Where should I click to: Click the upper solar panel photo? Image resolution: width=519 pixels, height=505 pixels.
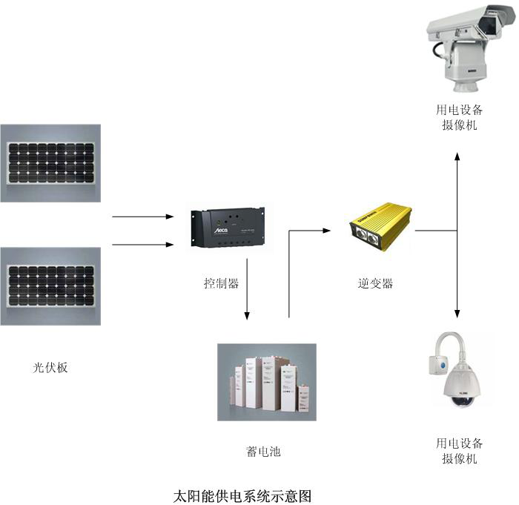click(50, 163)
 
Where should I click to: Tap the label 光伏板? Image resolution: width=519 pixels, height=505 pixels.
click(50, 367)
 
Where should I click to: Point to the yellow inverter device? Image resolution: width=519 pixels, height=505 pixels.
click(382, 230)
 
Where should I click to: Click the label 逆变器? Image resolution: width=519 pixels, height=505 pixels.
click(375, 283)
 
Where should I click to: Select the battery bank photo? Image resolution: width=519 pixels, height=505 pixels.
click(266, 382)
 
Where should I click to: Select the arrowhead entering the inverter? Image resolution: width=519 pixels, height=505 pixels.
click(326, 231)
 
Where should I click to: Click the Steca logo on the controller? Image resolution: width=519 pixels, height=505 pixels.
click(222, 232)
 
